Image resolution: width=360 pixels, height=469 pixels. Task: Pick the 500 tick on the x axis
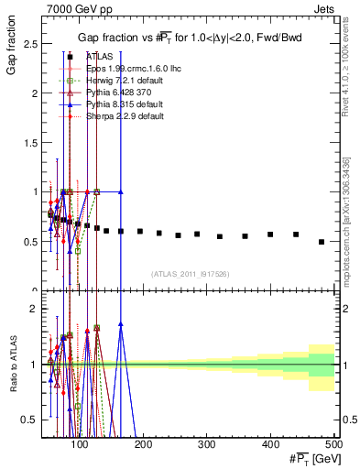333,444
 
